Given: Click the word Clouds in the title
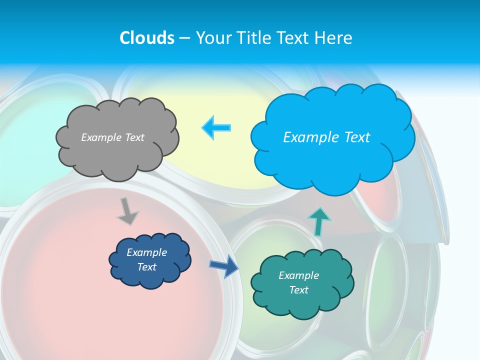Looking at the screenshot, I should click(x=147, y=38).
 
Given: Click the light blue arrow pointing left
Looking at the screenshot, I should click(x=216, y=127).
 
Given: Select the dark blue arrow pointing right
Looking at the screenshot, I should click(x=224, y=266).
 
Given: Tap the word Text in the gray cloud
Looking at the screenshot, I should click(x=134, y=137).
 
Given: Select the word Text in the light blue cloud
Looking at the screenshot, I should click(x=357, y=137).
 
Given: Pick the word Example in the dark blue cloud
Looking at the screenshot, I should click(x=146, y=252).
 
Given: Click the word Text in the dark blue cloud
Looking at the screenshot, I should click(x=146, y=267).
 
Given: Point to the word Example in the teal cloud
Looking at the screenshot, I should click(x=298, y=275).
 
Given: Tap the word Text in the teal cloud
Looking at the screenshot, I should click(x=298, y=290).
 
